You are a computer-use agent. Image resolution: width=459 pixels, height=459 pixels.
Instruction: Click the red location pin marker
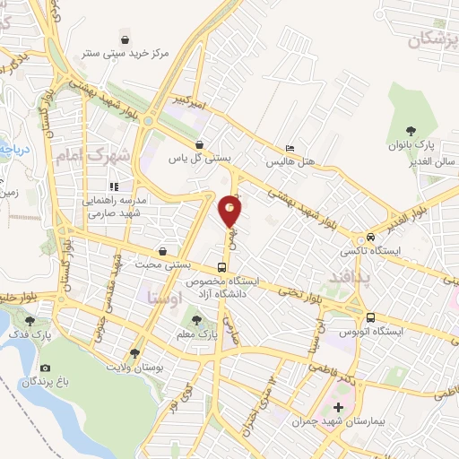230,212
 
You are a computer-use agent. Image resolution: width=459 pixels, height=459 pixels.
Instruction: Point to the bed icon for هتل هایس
289,149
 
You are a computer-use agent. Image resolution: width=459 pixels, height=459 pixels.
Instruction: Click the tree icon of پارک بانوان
411,132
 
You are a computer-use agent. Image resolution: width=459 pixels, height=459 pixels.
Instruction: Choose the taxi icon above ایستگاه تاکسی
369,238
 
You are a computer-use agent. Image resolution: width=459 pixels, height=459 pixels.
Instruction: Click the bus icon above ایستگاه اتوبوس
369,317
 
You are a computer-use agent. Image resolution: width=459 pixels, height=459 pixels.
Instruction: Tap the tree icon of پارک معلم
196,318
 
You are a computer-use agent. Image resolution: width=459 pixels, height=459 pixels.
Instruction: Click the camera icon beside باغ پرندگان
45,368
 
